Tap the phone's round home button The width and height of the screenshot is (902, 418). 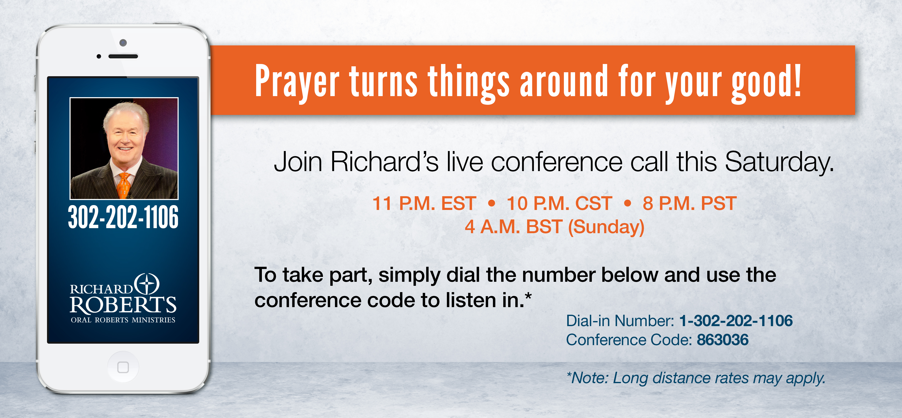pyautogui.click(x=123, y=367)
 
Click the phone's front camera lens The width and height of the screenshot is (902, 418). pyautogui.click(x=123, y=43)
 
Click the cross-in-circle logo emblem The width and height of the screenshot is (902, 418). pyautogui.click(x=147, y=284)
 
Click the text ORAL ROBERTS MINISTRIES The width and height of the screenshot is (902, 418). pyautogui.click(x=123, y=320)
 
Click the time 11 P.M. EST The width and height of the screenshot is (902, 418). pyautogui.click(x=424, y=203)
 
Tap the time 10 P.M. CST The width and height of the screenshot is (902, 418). pyautogui.click(x=559, y=203)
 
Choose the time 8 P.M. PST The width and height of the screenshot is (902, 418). pyautogui.click(x=690, y=203)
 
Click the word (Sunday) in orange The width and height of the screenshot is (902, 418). pyautogui.click(x=606, y=227)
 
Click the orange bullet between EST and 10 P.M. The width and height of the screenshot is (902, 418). pyautogui.click(x=492, y=203)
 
